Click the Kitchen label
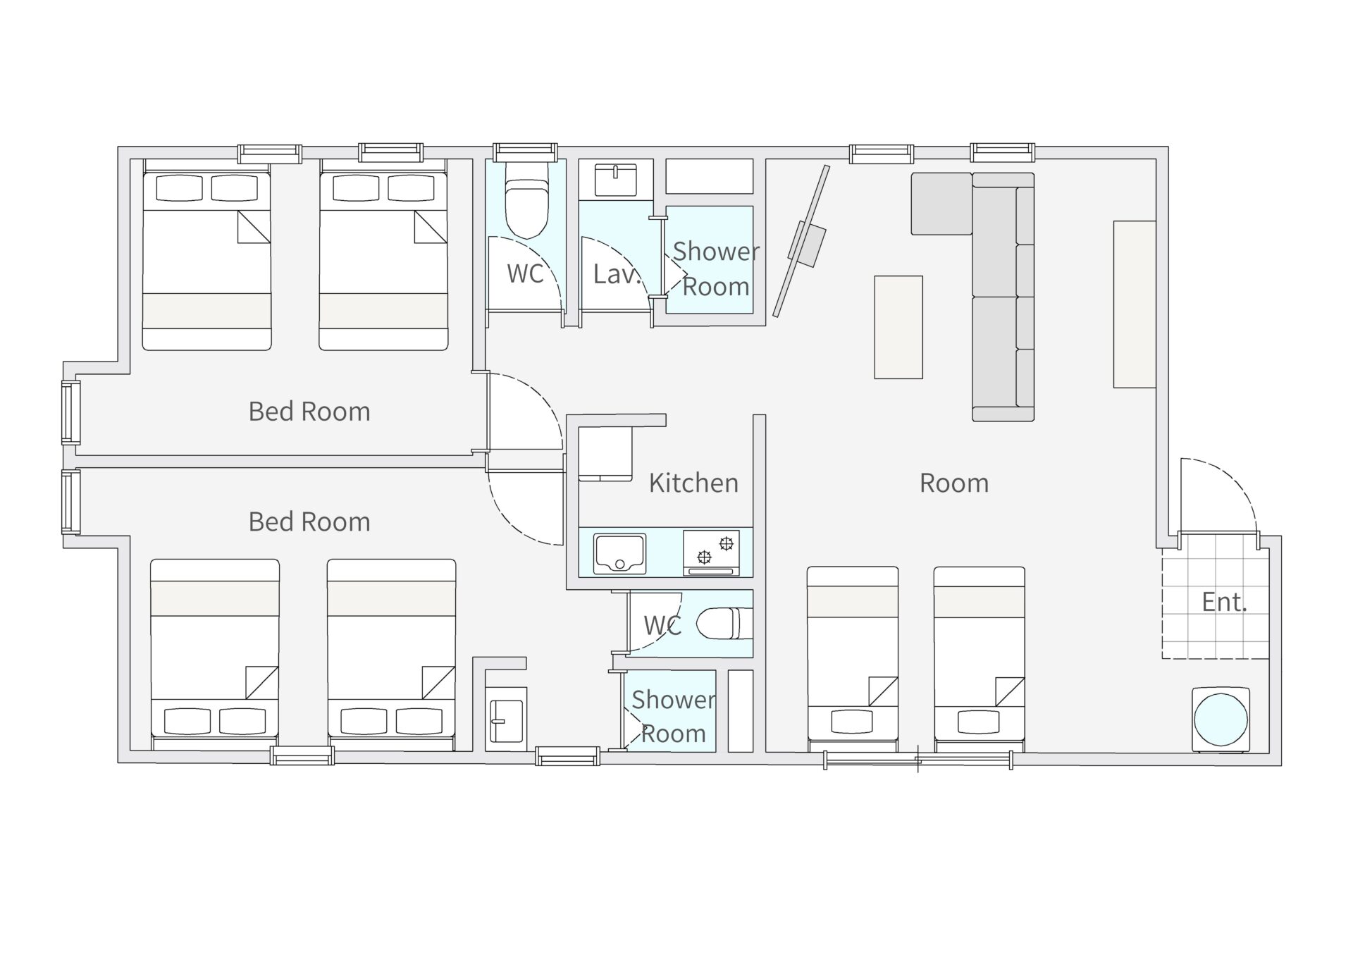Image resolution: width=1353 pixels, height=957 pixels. point(693,483)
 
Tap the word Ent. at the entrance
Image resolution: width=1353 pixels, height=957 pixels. point(1224,603)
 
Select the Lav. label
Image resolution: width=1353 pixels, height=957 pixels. point(616,274)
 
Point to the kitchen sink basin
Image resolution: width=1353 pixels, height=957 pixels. point(619,553)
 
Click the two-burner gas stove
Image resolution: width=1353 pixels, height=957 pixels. point(711,552)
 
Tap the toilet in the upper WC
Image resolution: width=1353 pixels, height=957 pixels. point(526,200)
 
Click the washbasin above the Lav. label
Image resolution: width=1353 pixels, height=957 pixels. point(615,180)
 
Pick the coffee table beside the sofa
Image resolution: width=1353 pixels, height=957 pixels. point(898,327)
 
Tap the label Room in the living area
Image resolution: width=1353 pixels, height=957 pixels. point(954,483)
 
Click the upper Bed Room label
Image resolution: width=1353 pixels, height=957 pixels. point(309,412)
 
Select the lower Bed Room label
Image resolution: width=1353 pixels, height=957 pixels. point(309,522)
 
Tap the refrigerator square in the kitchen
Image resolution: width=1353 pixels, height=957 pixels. point(605,453)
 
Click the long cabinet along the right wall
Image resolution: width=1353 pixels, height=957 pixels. point(1135,304)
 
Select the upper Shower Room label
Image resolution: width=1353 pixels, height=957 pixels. point(716,269)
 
